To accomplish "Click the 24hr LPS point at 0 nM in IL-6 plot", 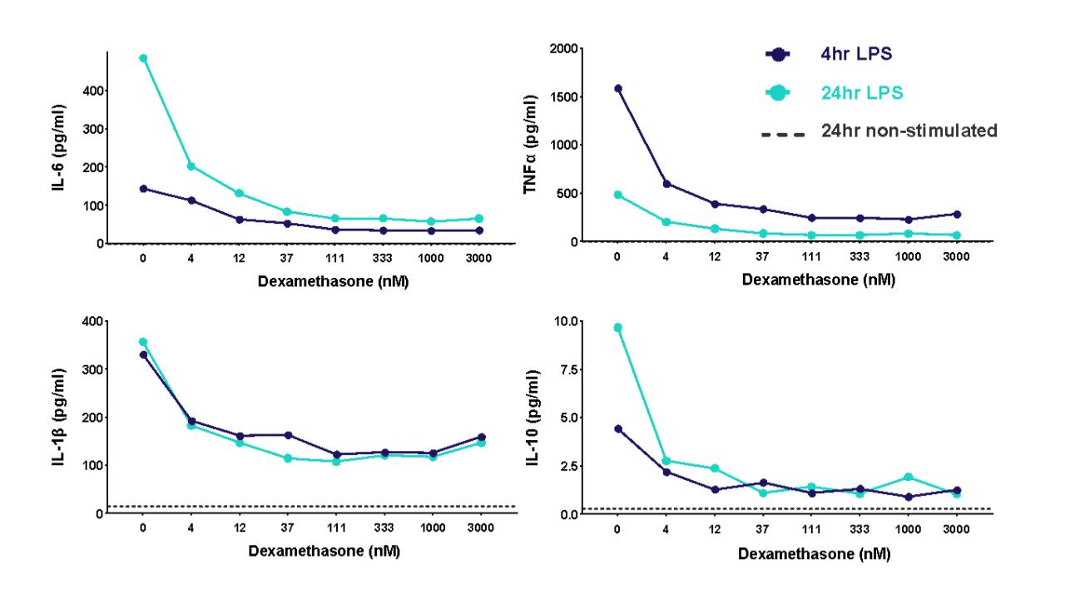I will [143, 58].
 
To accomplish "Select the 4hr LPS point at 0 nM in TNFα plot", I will [617, 88].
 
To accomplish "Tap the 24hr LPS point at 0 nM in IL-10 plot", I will [617, 327].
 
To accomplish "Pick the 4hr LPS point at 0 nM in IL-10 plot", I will [617, 428].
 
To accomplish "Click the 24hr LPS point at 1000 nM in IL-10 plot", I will [908, 477].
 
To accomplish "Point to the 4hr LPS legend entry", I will [859, 55].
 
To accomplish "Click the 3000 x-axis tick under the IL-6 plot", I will [481, 259].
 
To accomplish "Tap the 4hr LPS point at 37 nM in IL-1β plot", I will [288, 435].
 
